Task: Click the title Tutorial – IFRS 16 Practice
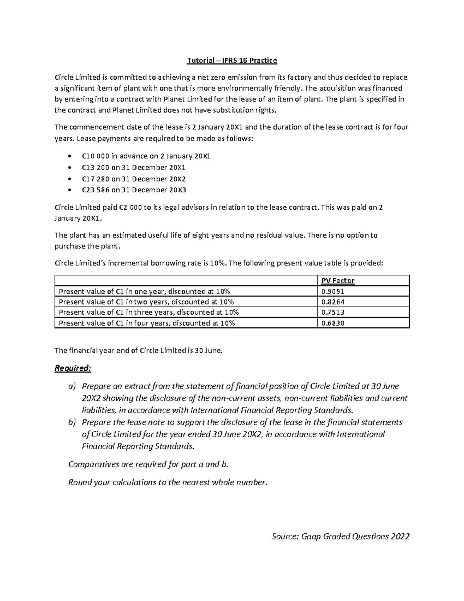click(232, 60)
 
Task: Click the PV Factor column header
click(338, 281)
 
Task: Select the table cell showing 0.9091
click(333, 291)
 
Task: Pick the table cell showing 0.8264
click(333, 302)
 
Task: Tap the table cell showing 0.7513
click(333, 312)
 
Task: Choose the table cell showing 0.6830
click(333, 323)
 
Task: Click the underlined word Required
click(72, 368)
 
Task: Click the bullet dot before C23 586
click(69, 190)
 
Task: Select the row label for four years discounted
click(147, 323)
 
